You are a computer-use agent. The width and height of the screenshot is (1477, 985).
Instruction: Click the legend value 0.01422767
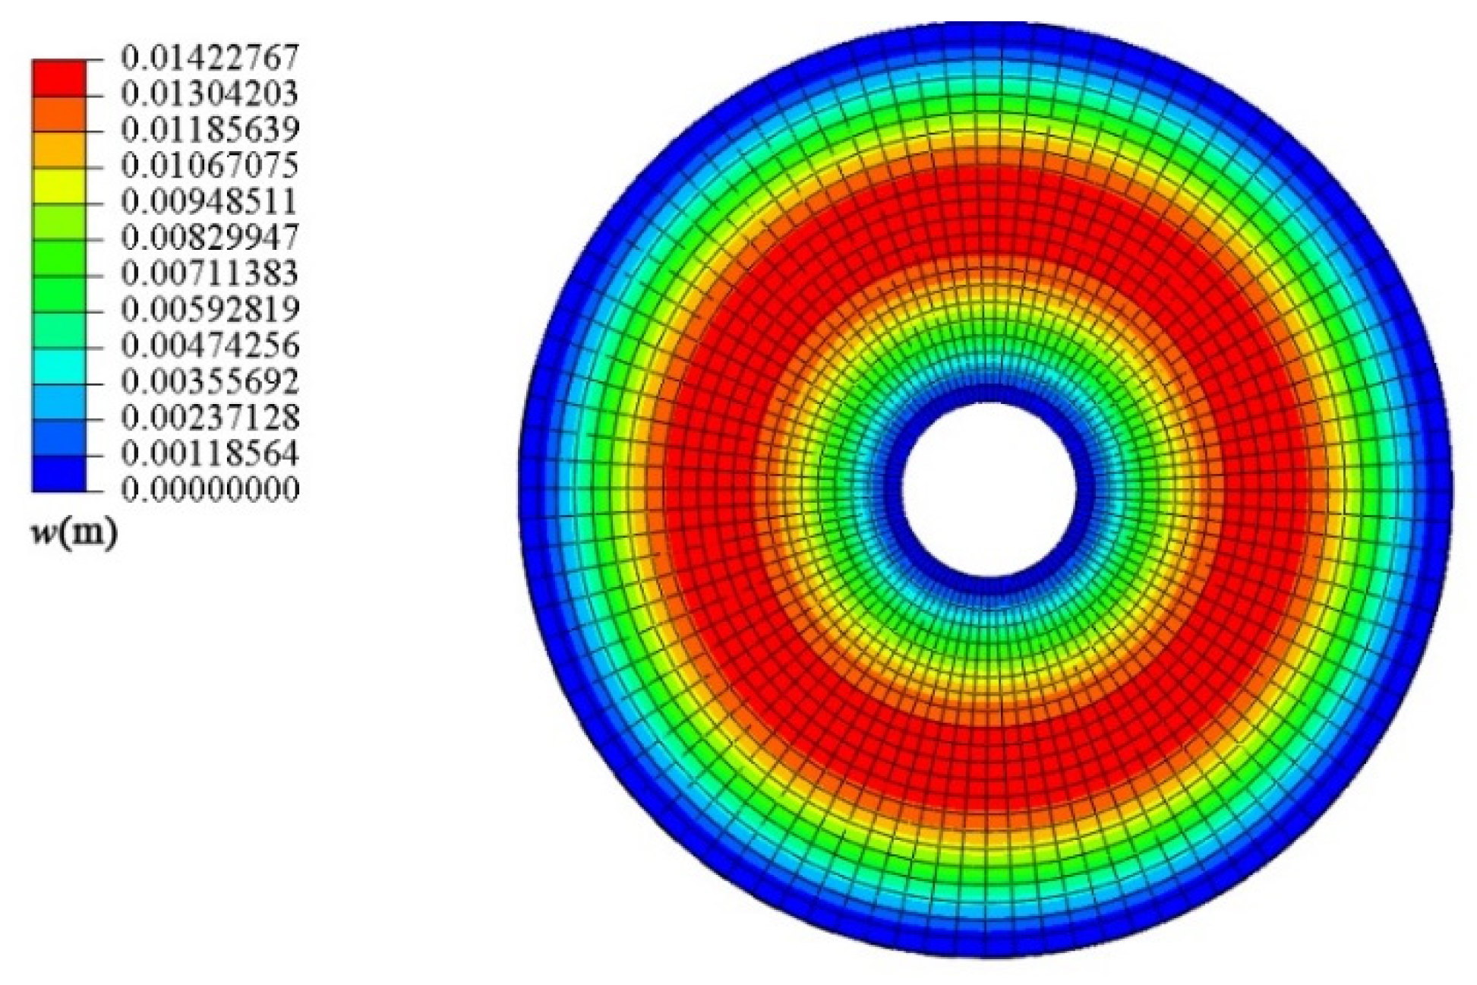pos(210,58)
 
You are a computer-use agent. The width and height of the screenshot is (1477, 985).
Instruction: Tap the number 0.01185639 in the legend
pos(210,130)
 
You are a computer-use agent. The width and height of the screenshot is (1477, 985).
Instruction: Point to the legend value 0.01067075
pos(210,166)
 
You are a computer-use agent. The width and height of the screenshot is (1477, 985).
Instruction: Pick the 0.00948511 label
pos(210,202)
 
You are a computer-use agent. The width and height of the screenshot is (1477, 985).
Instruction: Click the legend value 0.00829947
pos(210,238)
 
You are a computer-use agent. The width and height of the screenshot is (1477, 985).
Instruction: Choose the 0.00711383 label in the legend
pos(210,273)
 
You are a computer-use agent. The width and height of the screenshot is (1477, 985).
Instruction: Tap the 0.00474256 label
pos(210,346)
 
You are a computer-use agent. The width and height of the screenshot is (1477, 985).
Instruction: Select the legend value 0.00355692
pos(210,381)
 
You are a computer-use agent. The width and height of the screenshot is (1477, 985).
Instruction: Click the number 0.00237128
pos(210,418)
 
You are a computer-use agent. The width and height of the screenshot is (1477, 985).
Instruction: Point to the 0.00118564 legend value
pos(210,453)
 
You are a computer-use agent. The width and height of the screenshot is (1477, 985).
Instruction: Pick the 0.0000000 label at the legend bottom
pos(210,489)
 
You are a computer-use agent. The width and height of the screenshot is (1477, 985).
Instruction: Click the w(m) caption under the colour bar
pos(74,535)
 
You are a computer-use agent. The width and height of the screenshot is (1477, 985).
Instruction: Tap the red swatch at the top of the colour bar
pos(58,76)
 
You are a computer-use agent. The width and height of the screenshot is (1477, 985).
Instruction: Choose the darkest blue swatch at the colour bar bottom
pos(58,473)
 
